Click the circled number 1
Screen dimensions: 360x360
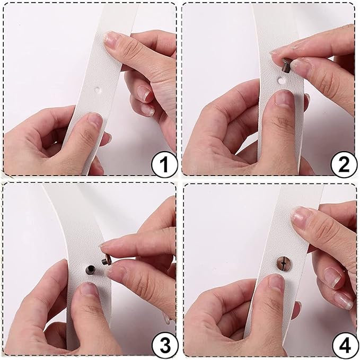coord(164,164)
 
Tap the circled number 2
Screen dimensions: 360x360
coord(344,164)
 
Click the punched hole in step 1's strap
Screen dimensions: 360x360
coord(98,90)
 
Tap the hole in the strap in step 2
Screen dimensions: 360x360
coord(280,81)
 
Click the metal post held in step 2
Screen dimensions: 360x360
coord(285,65)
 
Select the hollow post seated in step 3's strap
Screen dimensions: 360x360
coord(90,269)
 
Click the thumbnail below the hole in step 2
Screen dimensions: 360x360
coord(284,98)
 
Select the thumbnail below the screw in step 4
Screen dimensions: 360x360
coord(276,282)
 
